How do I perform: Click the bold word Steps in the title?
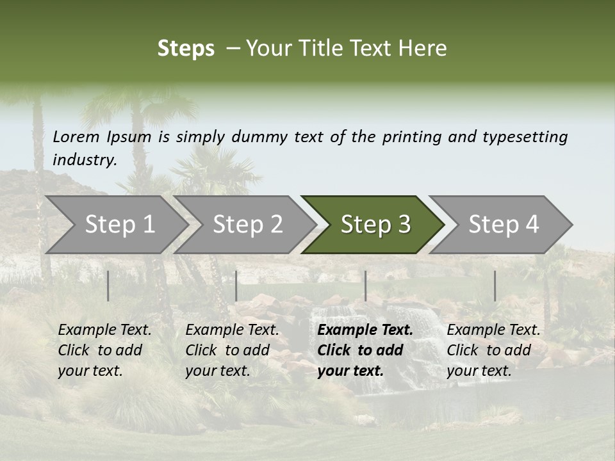tap(186, 49)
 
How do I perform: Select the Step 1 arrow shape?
tap(115, 224)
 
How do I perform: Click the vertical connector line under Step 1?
tap(108, 286)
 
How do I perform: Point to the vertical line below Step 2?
tap(236, 286)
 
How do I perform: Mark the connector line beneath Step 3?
tap(366, 286)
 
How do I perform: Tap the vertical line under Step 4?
tap(495, 286)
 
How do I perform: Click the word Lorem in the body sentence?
tap(76, 136)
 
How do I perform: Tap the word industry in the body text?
tap(83, 159)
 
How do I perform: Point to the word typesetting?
tap(525, 136)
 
